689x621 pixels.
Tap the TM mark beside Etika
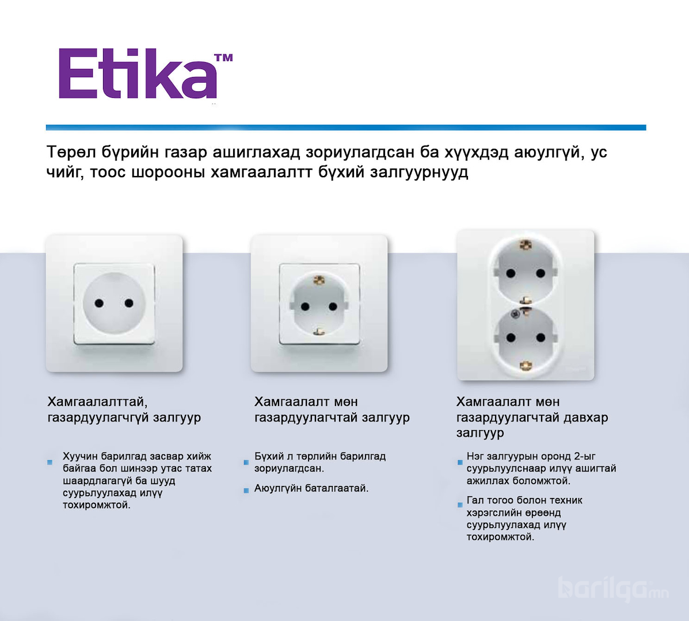click(x=223, y=57)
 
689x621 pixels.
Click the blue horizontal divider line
click(x=346, y=128)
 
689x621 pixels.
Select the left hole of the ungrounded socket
click(x=100, y=303)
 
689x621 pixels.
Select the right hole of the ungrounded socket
click(x=129, y=303)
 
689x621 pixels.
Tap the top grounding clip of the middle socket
click(x=319, y=279)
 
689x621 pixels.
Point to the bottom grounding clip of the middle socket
click(x=319, y=332)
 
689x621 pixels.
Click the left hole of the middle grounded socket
click(x=306, y=307)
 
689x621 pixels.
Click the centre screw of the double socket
click(x=516, y=314)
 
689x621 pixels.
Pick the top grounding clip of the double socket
click(x=526, y=244)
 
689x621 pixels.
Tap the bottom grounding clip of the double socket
click(x=526, y=365)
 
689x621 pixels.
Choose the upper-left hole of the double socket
click(x=511, y=274)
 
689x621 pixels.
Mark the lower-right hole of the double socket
click(x=540, y=338)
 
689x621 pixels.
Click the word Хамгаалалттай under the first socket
click(x=97, y=402)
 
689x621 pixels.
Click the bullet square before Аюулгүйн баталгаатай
click(x=246, y=490)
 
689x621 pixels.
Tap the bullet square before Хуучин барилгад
click(x=50, y=462)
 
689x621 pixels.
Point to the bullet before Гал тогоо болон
click(x=460, y=505)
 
